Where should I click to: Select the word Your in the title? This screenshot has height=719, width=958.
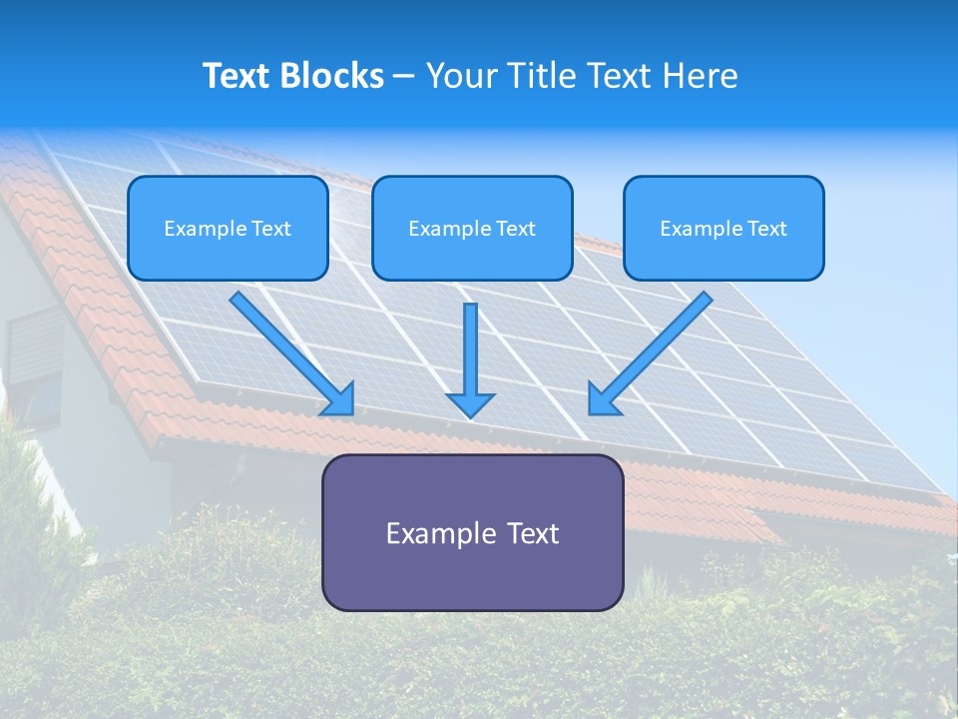(461, 76)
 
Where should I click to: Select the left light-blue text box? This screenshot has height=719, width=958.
(228, 228)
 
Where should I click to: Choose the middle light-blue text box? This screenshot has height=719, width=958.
(472, 228)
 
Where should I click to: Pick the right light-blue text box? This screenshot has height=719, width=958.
(723, 228)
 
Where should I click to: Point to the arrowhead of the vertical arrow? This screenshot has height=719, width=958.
(471, 404)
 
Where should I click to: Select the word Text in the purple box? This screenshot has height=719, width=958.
(532, 533)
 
